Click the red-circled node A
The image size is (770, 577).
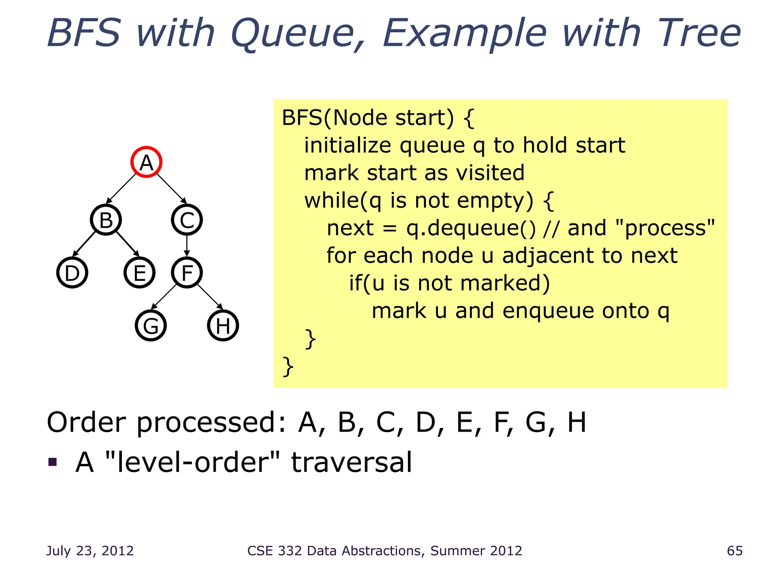coord(146,162)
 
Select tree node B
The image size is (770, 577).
coord(106,220)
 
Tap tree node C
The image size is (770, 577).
coord(187,220)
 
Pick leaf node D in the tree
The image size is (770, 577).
coord(72,273)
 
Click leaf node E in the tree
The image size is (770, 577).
coord(139,273)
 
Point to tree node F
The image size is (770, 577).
coord(187,273)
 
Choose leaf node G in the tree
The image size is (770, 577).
coord(151,326)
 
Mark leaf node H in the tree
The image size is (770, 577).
coord(223,326)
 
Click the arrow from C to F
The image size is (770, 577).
coord(187,246)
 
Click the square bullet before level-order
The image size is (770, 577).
coord(53,462)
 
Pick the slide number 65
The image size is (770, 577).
coord(735,551)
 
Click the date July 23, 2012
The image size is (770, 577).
coord(90,551)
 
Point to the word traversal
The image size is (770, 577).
coord(351,462)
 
